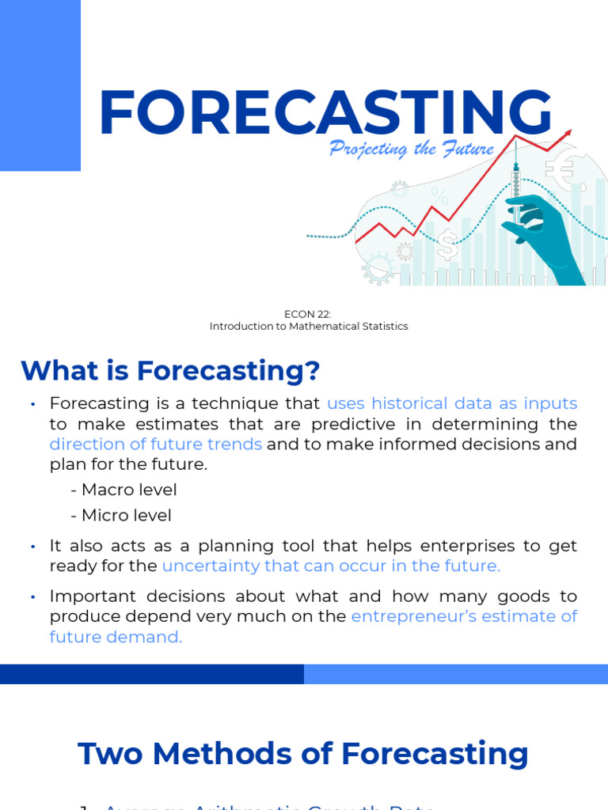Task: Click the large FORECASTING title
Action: tap(325, 114)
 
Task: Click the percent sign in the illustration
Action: tap(439, 195)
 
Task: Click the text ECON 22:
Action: tap(308, 314)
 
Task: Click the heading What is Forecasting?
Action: tap(170, 369)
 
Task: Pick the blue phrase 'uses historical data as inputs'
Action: tap(452, 403)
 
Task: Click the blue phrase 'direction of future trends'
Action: tap(156, 444)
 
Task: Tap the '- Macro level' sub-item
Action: tap(123, 490)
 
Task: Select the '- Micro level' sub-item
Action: tap(121, 515)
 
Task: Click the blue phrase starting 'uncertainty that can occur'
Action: tap(331, 566)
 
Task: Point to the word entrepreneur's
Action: tap(413, 616)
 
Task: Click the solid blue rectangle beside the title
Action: tap(40, 85)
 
